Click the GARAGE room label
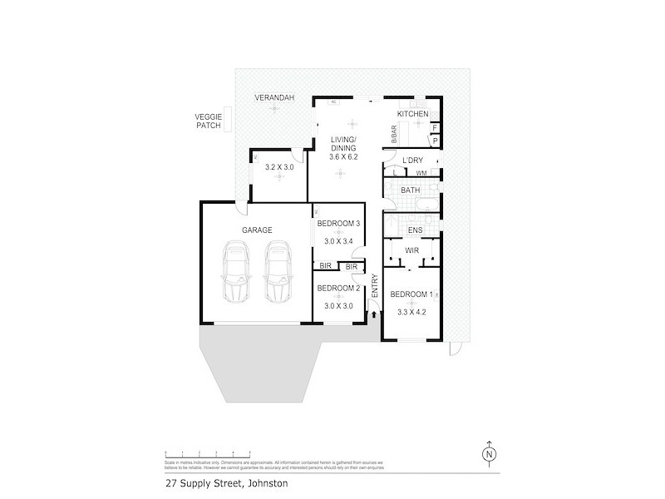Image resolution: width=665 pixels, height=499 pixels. [257, 230]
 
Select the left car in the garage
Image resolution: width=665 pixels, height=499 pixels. [235, 274]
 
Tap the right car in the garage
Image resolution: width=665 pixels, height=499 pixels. [278, 274]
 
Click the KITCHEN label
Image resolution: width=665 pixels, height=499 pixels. [412, 114]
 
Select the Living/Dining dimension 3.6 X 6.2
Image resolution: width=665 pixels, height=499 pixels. [343, 156]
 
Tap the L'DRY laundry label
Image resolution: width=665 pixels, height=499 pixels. [413, 160]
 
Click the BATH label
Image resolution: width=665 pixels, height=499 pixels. [411, 190]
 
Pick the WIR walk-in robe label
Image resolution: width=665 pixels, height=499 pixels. [411, 249]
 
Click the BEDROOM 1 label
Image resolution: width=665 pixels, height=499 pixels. [411, 294]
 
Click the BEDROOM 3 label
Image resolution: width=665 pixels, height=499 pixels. [338, 224]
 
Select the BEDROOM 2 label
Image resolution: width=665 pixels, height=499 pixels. [338, 288]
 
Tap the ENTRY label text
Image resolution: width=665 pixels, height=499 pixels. [375, 287]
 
